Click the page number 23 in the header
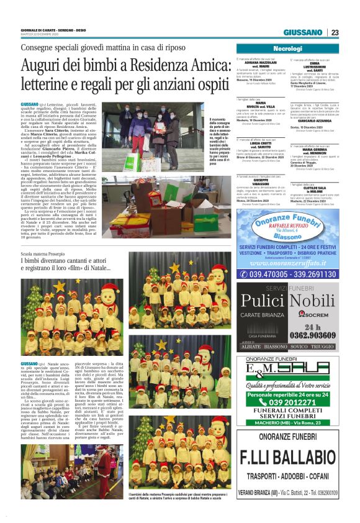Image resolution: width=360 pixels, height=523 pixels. point(335,33)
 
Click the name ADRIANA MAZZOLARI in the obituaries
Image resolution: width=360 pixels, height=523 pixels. point(256,63)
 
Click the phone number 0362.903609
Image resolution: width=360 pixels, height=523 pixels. point(308,334)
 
